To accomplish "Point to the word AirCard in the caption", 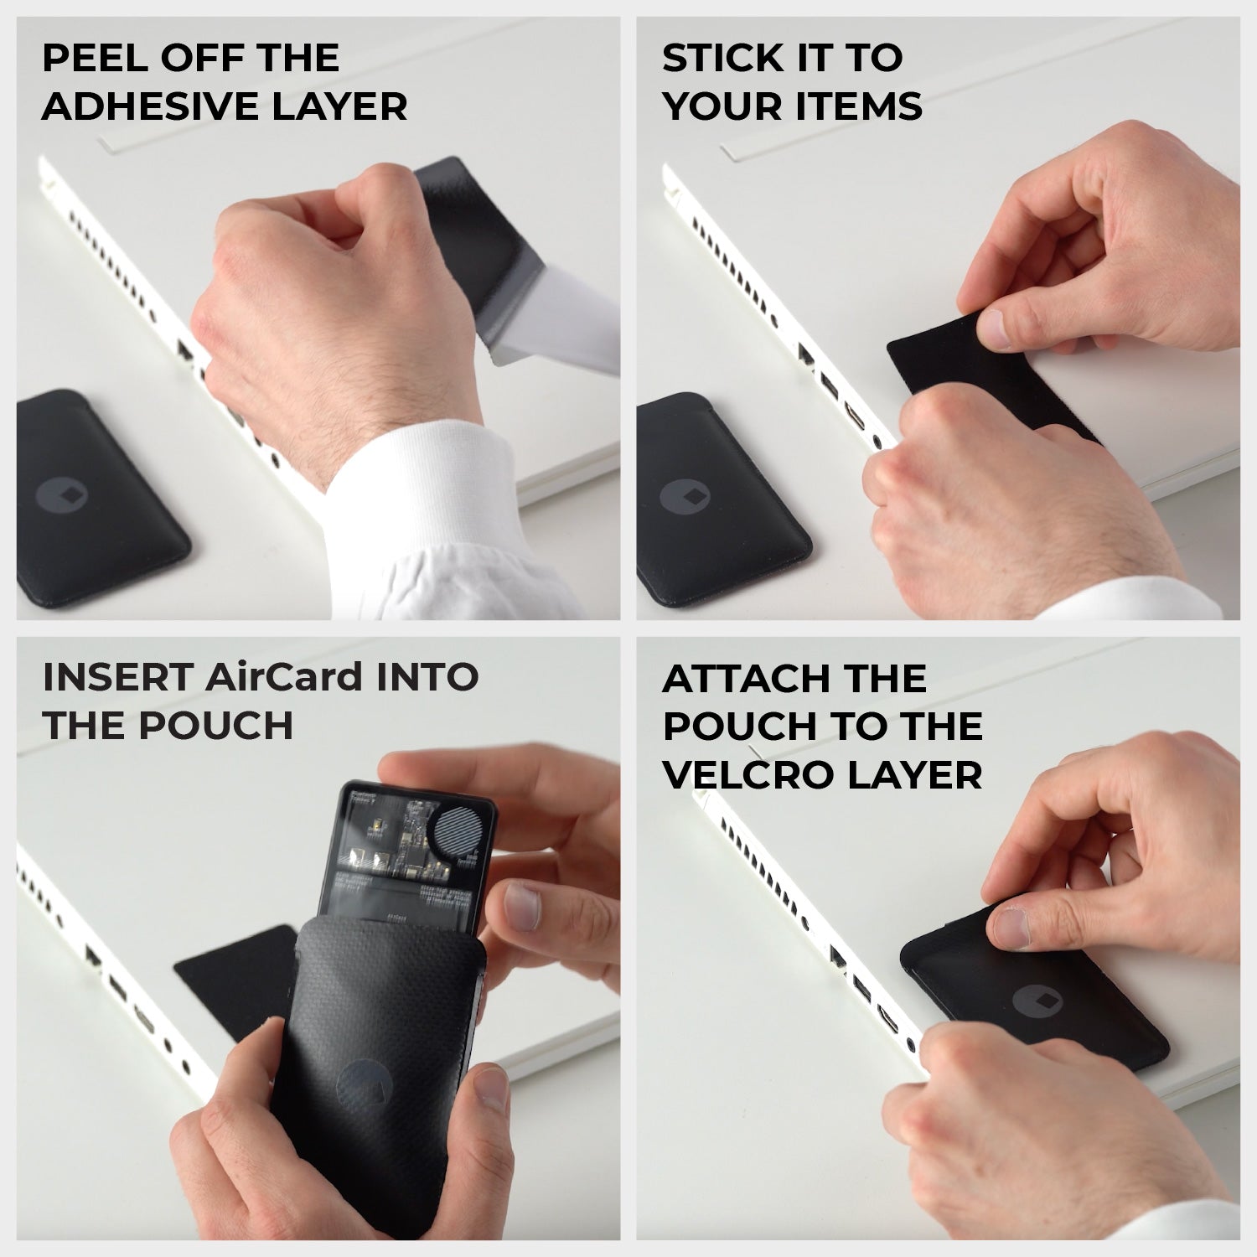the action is [x=290, y=677].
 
